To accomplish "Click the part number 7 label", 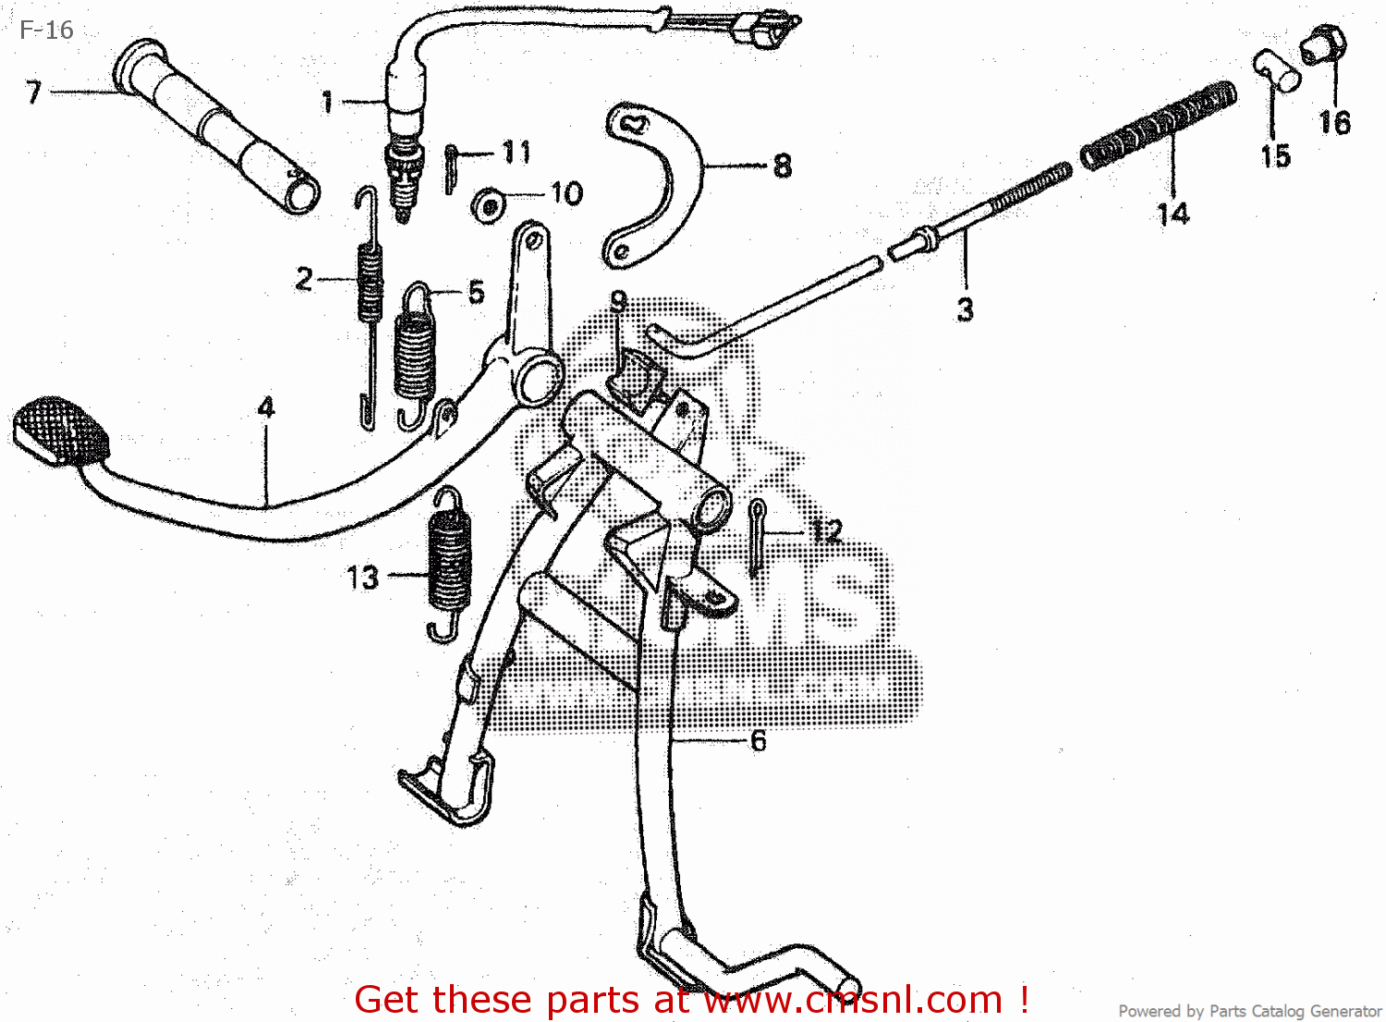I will pos(33,92).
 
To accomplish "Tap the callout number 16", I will pos(1334,123).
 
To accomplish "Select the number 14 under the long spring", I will pos(1173,214).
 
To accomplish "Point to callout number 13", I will pos(362,578).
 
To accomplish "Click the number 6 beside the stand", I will pos(758,740).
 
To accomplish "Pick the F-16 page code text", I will pos(46,30).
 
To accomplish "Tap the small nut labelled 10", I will pos(487,205).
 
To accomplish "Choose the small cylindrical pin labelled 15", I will pos(1277,70).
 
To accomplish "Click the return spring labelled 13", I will pos(450,564).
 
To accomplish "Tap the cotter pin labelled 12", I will pos(757,536).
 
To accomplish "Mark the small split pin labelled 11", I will pos(450,168).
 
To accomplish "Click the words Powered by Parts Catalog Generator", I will pos(1249,1011).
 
